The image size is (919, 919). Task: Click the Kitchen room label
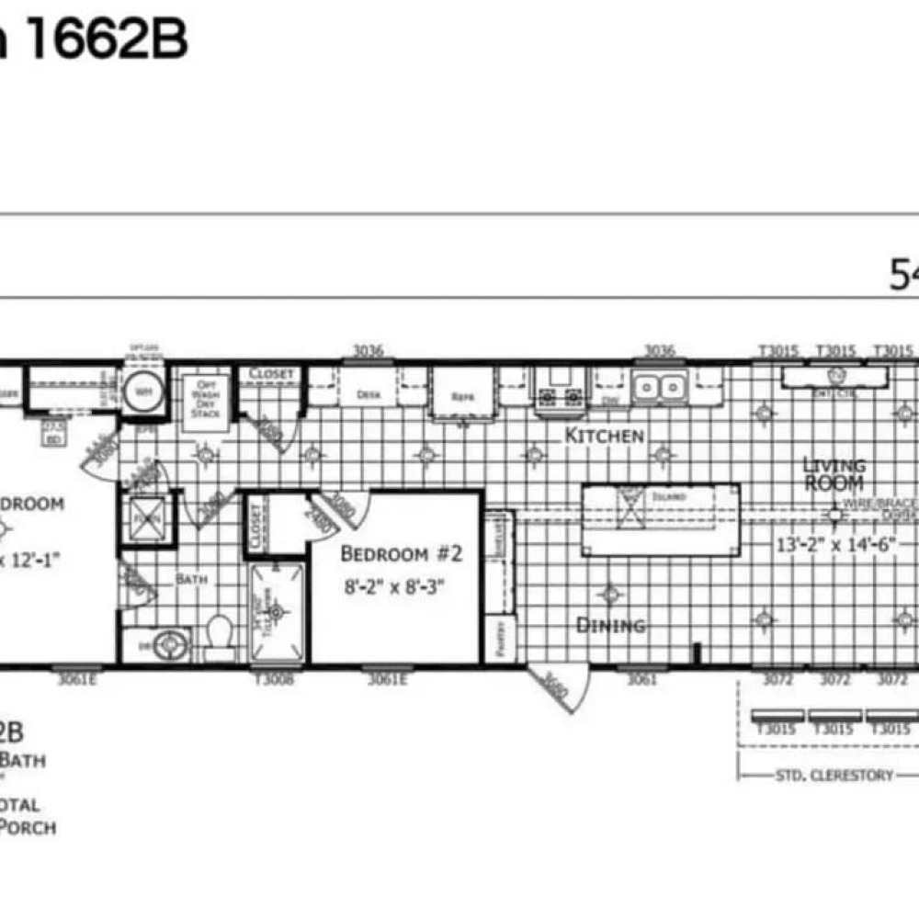[x=604, y=435]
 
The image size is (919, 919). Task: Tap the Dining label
[x=610, y=626]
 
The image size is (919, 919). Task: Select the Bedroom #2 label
[x=400, y=554]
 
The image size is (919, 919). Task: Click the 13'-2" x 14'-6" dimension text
[x=835, y=543]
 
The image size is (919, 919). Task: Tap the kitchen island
[x=660, y=519]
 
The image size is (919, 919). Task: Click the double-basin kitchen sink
[x=659, y=386]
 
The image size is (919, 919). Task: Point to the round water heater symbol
[x=144, y=391]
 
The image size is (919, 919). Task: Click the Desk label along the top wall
[x=368, y=394]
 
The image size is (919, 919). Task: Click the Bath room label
[x=192, y=579]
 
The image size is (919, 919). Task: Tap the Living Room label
[x=833, y=473]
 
